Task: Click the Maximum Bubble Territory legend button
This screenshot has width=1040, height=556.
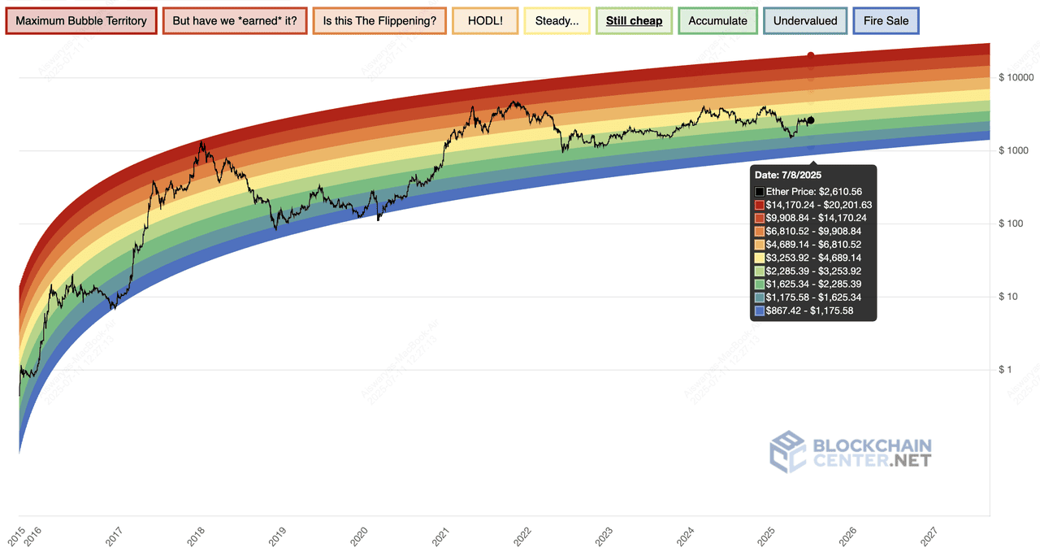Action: coord(81,21)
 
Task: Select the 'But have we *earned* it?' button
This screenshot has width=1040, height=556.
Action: coord(235,21)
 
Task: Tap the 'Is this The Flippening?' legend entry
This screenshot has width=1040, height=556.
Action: coord(378,21)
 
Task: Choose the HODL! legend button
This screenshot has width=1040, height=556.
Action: coord(485,21)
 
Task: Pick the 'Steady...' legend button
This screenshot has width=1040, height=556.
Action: coord(557,21)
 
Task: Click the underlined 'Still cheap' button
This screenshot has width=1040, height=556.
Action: coord(635,21)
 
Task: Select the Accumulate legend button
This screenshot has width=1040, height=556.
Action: coord(717,21)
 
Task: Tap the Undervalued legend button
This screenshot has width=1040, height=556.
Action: coord(805,21)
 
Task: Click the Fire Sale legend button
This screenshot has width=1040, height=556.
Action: coord(886,21)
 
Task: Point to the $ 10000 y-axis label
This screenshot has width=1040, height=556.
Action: coord(1016,78)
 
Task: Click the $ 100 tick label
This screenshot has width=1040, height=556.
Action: coord(1012,224)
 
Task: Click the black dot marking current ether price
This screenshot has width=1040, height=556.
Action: coord(811,120)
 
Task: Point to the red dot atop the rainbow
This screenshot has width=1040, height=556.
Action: coord(811,55)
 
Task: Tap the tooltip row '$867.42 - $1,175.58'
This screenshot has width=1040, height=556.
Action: coord(809,311)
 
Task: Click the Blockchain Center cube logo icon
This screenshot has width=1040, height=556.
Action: coord(787,451)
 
